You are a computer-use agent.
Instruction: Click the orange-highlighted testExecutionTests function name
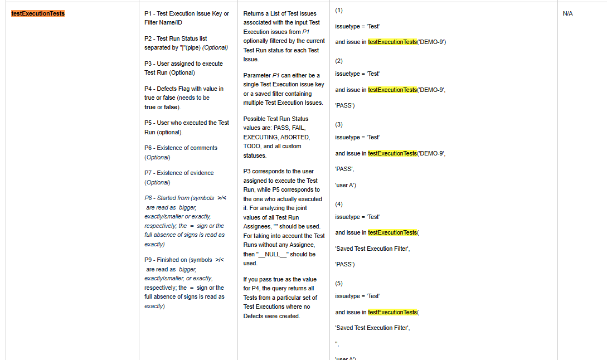[38, 13]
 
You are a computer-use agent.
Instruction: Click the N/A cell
[567, 13]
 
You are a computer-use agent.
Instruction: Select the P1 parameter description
[186, 18]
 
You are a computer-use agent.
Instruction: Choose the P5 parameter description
[186, 127]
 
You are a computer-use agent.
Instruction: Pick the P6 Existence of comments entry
[181, 152]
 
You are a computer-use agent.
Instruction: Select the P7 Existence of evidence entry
[179, 177]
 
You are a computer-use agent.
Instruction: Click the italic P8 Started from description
[184, 221]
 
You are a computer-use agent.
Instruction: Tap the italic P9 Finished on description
[184, 283]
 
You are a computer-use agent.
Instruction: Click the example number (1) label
[339, 10]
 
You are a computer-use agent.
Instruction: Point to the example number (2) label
[339, 60]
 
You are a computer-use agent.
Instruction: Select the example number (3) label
[339, 124]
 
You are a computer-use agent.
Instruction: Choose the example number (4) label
[339, 204]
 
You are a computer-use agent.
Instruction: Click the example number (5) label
[339, 283]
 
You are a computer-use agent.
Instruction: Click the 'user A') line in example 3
[346, 185]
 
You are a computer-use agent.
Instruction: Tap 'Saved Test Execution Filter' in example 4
[372, 249]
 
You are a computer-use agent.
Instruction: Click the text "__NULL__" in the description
[271, 254]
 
